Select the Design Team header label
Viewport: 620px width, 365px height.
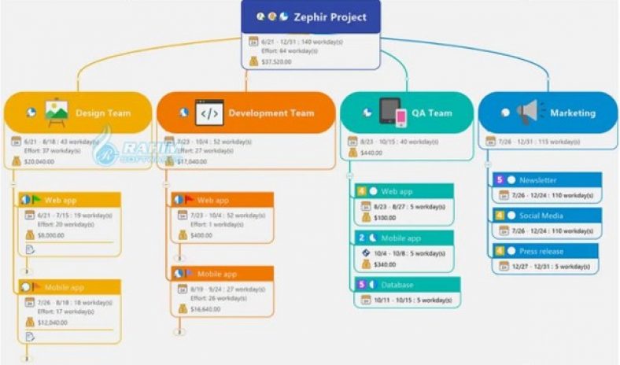pyautogui.click(x=103, y=113)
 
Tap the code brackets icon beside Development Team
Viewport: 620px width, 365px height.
pyautogui.click(x=209, y=113)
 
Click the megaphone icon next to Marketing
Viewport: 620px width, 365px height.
pyautogui.click(x=526, y=112)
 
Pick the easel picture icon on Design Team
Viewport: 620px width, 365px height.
pyautogui.click(x=56, y=113)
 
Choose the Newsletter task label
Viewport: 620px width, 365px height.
pyautogui.click(x=537, y=180)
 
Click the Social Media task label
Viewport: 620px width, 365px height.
pyautogui.click(x=541, y=216)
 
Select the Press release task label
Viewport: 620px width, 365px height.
pyautogui.click(x=541, y=251)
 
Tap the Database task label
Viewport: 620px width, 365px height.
pyautogui.click(x=397, y=284)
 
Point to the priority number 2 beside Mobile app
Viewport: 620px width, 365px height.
pyautogui.click(x=362, y=238)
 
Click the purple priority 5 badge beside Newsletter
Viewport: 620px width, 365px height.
pyautogui.click(x=499, y=180)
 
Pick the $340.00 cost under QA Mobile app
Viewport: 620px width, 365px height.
pyautogui.click(x=385, y=264)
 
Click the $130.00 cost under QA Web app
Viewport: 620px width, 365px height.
pyautogui.click(x=385, y=218)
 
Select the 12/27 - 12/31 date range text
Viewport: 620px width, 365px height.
pyautogui.click(x=534, y=266)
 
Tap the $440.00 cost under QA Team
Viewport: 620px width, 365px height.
pyautogui.click(x=371, y=153)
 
